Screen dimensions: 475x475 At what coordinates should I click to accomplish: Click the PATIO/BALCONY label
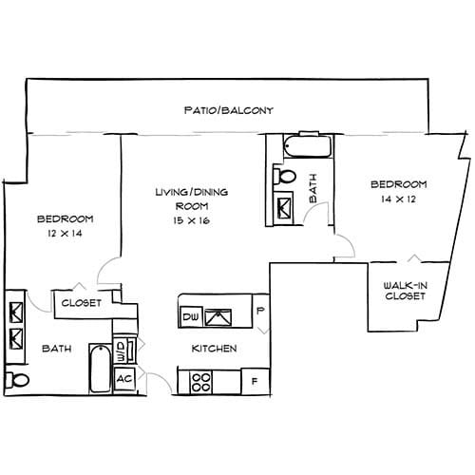228,110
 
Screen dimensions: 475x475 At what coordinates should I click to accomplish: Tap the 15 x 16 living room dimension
191,220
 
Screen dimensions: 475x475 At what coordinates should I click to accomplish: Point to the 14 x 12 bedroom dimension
398,199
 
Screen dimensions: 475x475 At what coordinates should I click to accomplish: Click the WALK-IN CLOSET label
405,291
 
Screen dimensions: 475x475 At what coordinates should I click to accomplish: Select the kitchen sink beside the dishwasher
223,314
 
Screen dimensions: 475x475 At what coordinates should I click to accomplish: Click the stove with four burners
202,382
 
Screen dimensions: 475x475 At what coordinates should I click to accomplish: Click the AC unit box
123,378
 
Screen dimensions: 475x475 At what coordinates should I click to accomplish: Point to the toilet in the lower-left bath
13,381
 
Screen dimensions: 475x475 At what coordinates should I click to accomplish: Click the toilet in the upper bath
284,177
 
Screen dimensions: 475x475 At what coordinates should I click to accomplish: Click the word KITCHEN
214,349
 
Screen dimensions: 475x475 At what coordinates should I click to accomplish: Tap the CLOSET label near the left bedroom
81,303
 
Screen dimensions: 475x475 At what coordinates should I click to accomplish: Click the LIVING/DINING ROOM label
191,199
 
